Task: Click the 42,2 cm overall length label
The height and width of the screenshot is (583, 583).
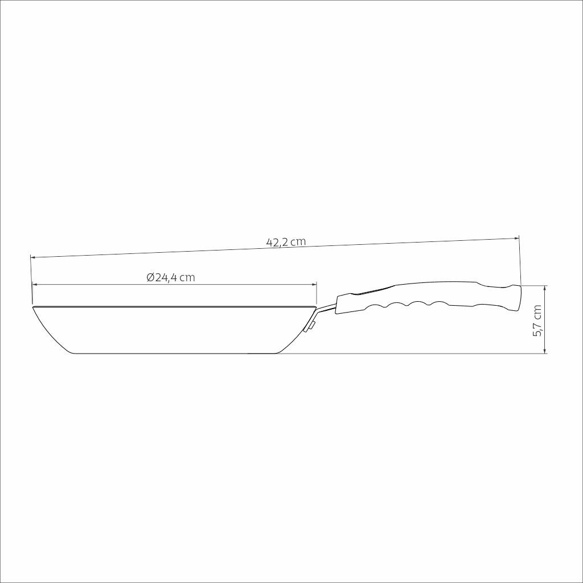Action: (x=286, y=242)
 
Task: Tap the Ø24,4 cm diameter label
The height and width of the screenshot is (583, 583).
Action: (x=171, y=277)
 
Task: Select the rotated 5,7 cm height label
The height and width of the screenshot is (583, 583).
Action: (x=537, y=321)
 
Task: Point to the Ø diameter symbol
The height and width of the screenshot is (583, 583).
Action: (x=150, y=277)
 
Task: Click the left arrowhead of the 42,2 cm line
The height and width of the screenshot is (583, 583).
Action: (x=32, y=257)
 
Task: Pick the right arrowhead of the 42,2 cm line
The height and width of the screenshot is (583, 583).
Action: (x=516, y=238)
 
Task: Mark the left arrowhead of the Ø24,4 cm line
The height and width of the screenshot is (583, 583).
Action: (x=35, y=285)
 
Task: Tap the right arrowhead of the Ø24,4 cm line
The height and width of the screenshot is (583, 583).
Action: (x=314, y=285)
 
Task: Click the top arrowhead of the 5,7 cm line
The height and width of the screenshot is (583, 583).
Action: (x=545, y=288)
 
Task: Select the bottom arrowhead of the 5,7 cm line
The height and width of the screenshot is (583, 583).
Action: (x=545, y=351)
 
